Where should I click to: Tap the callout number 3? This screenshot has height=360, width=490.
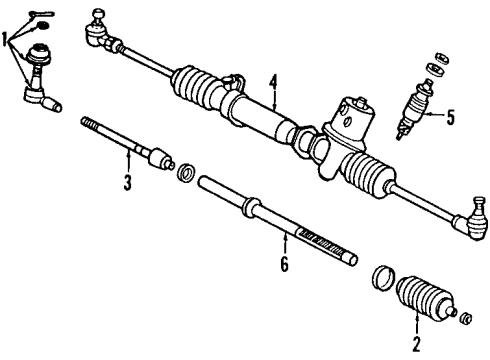pos(128,184)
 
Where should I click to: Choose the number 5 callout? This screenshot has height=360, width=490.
pos(449,118)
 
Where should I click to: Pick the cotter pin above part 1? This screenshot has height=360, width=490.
pos(39,15)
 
